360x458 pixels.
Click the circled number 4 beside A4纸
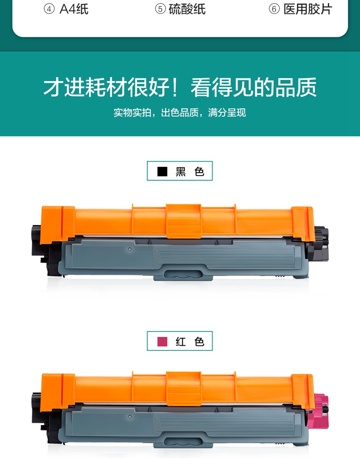49,9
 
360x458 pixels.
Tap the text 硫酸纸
187,9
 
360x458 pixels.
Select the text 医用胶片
308,9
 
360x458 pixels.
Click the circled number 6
274,9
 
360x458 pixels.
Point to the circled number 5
160,9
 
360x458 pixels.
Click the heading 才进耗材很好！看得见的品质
180,87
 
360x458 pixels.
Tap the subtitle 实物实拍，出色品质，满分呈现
180,112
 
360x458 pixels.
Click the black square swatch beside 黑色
162,172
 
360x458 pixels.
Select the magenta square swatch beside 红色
162,341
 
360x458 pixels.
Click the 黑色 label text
190,172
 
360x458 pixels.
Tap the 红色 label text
190,341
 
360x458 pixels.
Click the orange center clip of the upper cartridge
184,221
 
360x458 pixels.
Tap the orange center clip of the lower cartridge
184,388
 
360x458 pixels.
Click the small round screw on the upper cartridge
130,249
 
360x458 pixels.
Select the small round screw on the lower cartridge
130,417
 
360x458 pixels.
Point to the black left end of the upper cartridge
41,250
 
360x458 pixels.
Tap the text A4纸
74,9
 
